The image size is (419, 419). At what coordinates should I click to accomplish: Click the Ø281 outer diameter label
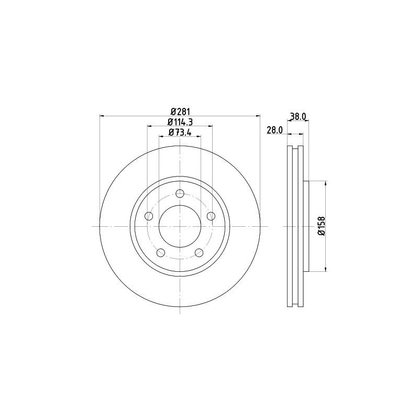click(180, 111)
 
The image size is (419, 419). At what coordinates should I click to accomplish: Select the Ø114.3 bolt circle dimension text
click(180, 122)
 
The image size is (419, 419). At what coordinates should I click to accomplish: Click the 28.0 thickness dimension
click(275, 130)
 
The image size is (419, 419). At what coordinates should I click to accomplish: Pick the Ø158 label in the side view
click(321, 226)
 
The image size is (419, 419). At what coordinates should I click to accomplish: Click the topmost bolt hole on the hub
click(180, 194)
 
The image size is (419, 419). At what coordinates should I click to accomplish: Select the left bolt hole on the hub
click(149, 216)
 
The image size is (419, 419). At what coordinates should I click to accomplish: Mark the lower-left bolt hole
click(161, 253)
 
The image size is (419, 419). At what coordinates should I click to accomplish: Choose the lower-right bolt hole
click(199, 253)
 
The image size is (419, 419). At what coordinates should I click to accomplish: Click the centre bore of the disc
click(180, 226)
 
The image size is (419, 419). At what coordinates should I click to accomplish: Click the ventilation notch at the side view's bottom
click(296, 304)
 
